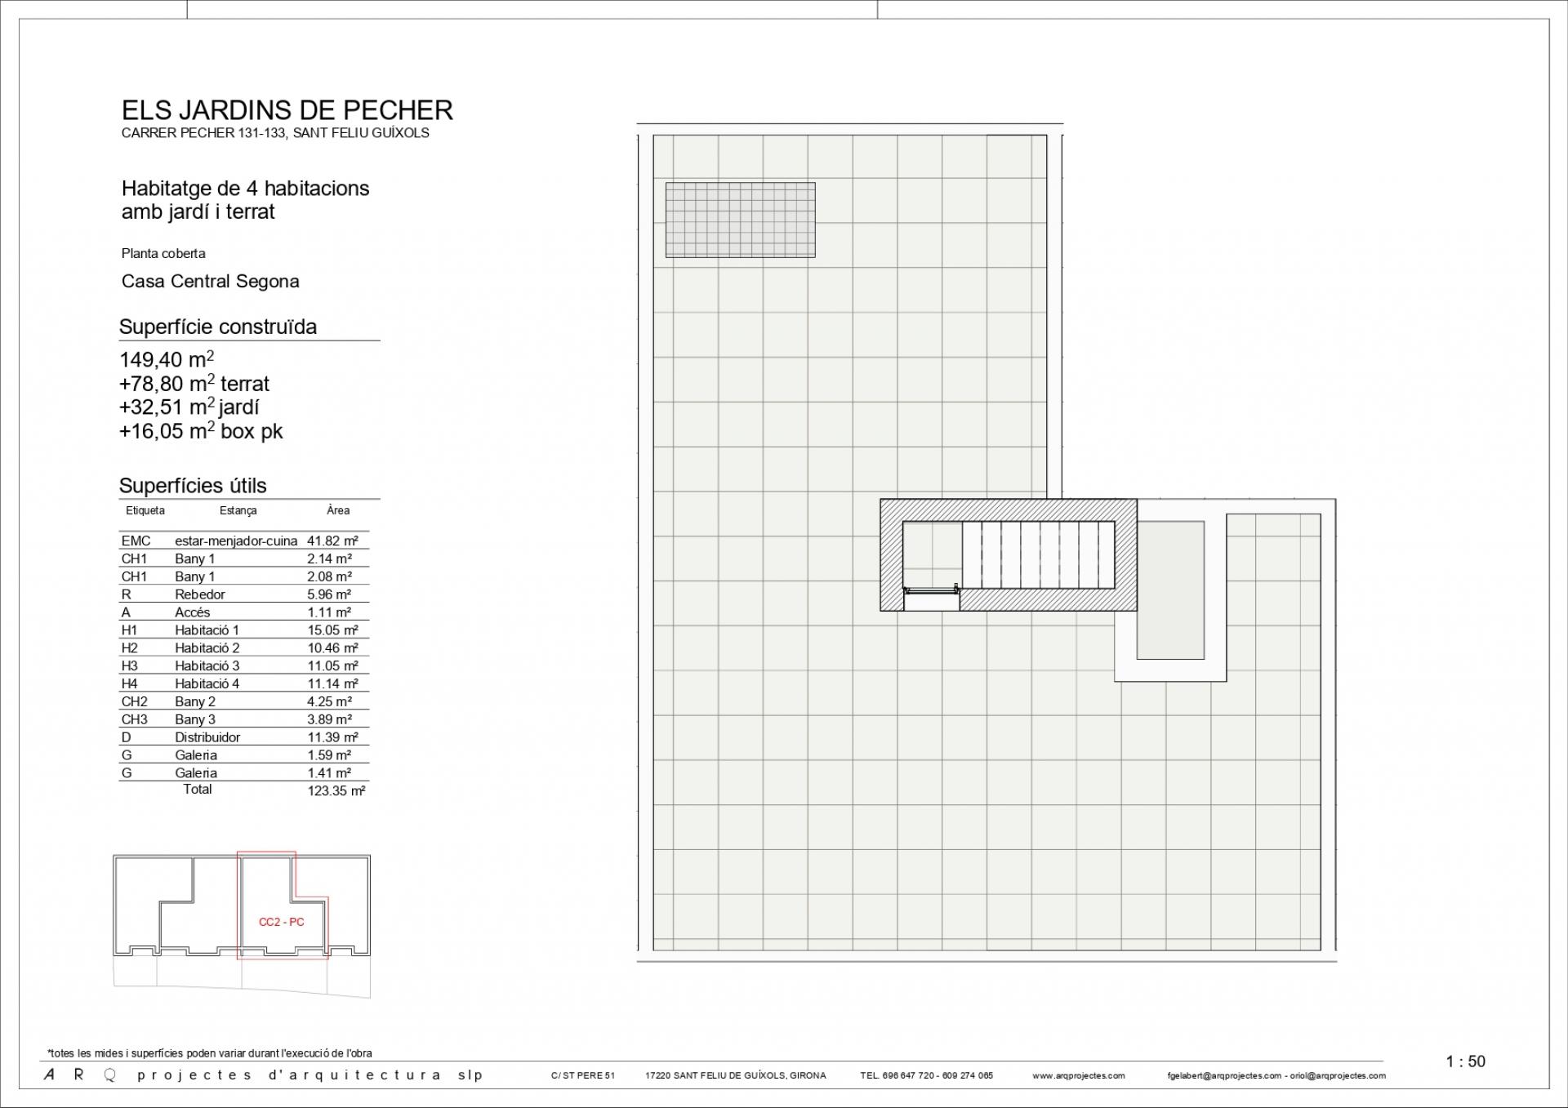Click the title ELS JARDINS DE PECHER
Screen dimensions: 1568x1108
tap(287, 110)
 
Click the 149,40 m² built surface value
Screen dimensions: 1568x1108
tap(167, 359)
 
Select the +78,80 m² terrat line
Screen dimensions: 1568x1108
tap(194, 383)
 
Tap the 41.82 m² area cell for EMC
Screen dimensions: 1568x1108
tap(332, 541)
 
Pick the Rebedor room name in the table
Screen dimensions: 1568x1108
tap(199, 594)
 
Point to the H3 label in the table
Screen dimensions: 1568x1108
tap(129, 665)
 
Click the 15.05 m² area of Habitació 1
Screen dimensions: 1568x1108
tap(332, 630)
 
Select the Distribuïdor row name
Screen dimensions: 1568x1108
tap(207, 737)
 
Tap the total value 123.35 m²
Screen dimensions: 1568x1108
tap(336, 790)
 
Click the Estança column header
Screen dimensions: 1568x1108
tap(238, 510)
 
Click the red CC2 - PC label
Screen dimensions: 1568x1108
tap(282, 922)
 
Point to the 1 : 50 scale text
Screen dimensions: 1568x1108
tap(1465, 1061)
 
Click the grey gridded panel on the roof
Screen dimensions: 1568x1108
tap(740, 220)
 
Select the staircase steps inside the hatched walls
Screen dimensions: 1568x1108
tap(1038, 554)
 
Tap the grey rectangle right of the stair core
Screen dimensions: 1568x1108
tap(1170, 590)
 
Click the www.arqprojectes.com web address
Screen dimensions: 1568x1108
tap(1078, 1075)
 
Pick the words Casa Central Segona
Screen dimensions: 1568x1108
tap(210, 281)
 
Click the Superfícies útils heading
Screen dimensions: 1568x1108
tap(193, 486)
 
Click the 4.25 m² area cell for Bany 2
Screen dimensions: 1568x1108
tap(329, 701)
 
